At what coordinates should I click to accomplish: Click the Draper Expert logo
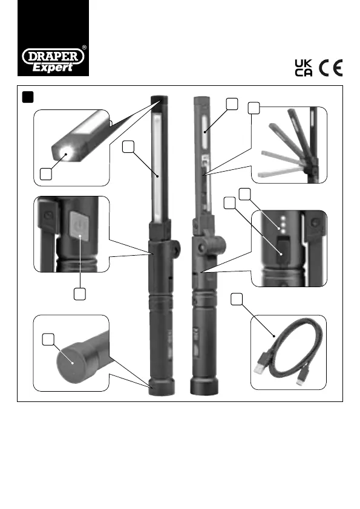(53, 60)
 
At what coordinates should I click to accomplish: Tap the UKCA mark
(304, 68)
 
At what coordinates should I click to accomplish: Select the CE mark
(331, 68)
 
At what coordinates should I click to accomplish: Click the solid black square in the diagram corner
(28, 97)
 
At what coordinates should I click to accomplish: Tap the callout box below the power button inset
(80, 294)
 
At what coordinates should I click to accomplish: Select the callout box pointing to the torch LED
(46, 174)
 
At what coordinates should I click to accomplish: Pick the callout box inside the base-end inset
(48, 340)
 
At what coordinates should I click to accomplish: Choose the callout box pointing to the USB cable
(237, 299)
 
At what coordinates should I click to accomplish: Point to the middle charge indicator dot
(283, 224)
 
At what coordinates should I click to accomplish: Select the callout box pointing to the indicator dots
(245, 194)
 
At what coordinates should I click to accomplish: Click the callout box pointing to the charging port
(230, 203)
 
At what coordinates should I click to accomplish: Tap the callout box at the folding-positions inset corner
(254, 108)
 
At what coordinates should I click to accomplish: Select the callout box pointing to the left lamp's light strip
(128, 147)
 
